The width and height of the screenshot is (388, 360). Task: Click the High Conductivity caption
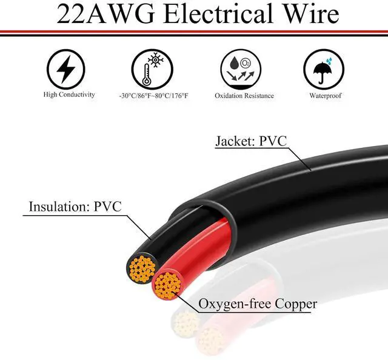(69, 95)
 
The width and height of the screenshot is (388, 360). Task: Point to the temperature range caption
(153, 95)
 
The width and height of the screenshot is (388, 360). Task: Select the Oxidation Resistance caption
(244, 95)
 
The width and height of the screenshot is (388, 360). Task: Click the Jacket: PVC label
(250, 142)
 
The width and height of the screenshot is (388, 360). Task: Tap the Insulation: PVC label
(75, 206)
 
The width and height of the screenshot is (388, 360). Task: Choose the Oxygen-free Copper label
(256, 304)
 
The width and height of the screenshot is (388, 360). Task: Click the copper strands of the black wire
(142, 267)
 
